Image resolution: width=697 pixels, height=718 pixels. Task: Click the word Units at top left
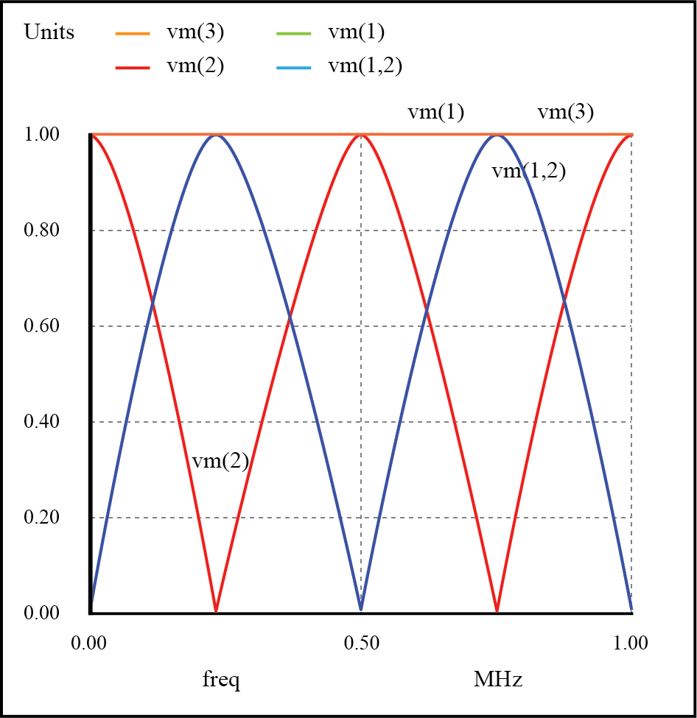coord(49,32)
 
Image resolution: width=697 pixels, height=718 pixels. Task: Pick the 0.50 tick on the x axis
coord(361,643)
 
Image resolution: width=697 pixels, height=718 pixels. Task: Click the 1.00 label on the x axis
coord(631,643)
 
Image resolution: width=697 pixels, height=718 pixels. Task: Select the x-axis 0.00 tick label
coord(90,643)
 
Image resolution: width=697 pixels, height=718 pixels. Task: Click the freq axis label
coord(221,679)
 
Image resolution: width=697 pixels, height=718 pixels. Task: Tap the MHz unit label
coord(498,679)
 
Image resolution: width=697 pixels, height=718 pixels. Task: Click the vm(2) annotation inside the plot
coord(220,461)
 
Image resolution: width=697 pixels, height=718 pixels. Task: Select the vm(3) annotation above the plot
coord(565,113)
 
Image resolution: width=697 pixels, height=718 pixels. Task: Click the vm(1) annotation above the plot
coord(436,113)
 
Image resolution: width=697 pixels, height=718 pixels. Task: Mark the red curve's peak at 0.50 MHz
coord(361,135)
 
